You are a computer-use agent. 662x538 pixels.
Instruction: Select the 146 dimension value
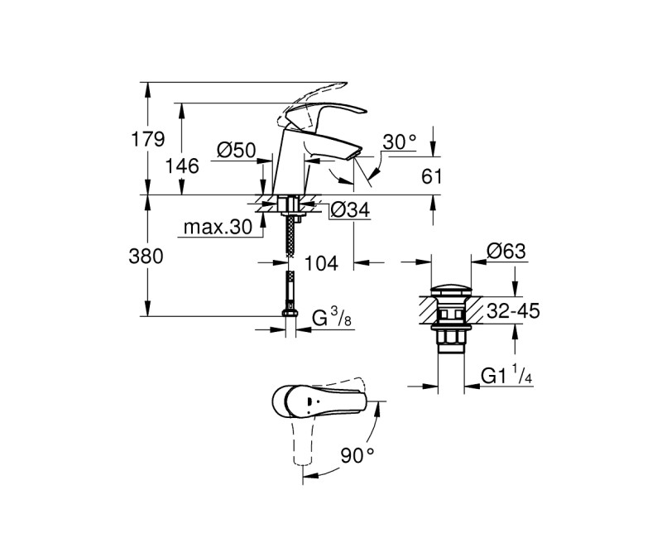182,166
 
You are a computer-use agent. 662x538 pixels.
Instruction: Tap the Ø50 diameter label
235,150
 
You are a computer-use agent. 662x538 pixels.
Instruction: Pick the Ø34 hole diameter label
348,211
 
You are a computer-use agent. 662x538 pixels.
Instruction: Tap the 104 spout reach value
321,263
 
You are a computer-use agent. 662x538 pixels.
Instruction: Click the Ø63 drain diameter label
505,251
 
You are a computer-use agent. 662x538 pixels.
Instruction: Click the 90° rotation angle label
357,454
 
